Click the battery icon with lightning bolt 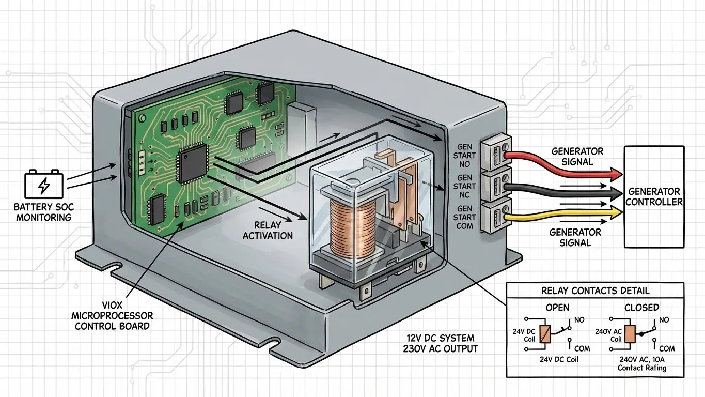tap(44, 184)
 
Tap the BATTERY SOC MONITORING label tap(44, 212)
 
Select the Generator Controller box tap(654, 196)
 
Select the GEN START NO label tap(464, 156)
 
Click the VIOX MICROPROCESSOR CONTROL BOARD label tap(113, 316)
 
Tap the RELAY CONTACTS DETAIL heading tap(595, 291)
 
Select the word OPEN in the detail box tap(557, 307)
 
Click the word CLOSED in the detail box tap(641, 307)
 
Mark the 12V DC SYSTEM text tap(440, 338)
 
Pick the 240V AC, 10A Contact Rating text tap(642, 363)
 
